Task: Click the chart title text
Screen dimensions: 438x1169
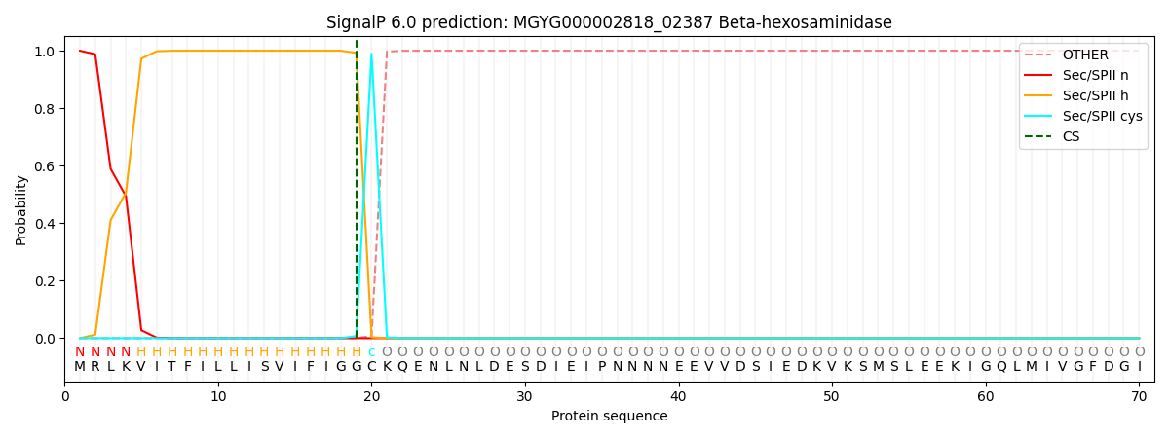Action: click(x=609, y=22)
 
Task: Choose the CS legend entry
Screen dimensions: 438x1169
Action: click(x=1071, y=137)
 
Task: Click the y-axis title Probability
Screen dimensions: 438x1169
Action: click(x=21, y=209)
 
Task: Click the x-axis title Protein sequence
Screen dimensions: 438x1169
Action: click(x=609, y=417)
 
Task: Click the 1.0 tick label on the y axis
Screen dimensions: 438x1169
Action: click(x=45, y=51)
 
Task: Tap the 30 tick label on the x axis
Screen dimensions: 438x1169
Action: click(x=525, y=396)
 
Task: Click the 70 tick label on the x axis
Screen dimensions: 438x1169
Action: click(x=1138, y=396)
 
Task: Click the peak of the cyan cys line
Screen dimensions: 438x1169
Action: click(x=371, y=54)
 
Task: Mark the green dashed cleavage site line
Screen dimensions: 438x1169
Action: click(x=357, y=195)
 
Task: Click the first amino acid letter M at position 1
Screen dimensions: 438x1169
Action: click(x=80, y=367)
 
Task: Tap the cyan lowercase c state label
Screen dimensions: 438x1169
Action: click(x=371, y=352)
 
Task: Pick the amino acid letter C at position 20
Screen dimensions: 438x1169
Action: click(x=371, y=367)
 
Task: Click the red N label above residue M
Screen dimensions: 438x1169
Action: click(x=80, y=352)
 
